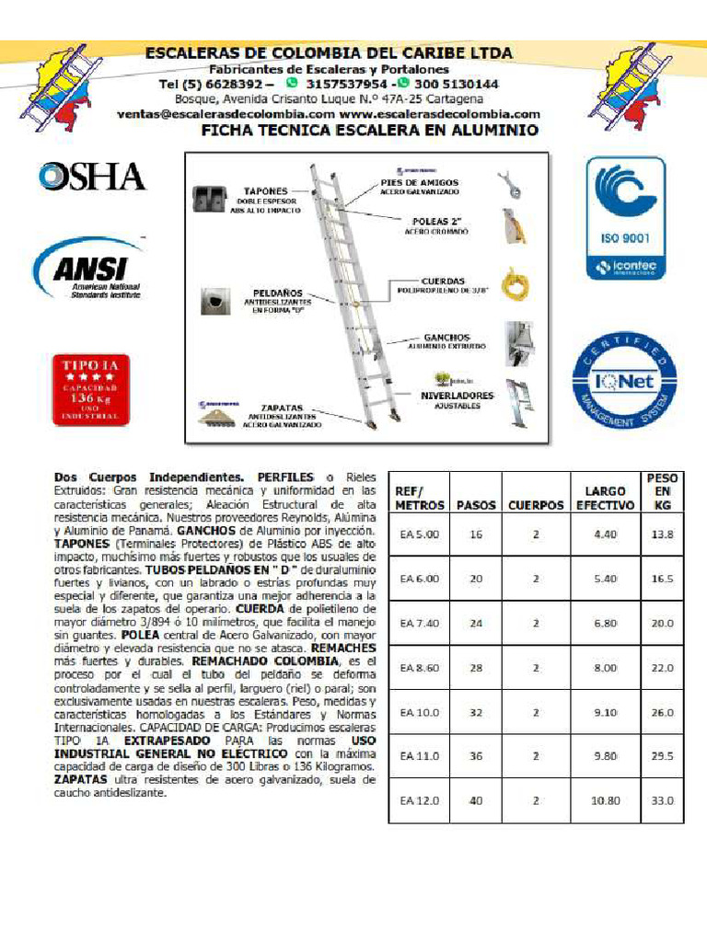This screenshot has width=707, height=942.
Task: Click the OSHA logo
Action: coord(91,176)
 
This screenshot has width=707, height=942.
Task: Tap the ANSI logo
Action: coord(88,270)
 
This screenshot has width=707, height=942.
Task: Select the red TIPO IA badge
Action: coord(91,389)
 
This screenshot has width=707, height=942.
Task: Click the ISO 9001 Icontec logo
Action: coord(626,218)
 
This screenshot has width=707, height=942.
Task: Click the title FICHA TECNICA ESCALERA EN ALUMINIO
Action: coord(369,131)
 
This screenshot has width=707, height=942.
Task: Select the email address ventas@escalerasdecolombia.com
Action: coord(226,114)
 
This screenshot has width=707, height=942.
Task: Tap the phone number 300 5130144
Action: coord(456,84)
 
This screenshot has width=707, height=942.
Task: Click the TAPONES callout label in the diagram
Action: coord(266,190)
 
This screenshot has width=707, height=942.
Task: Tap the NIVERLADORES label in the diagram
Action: coord(458,396)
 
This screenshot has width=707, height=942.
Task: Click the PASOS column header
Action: coord(476,505)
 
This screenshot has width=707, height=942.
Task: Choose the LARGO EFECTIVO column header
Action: coord(605,498)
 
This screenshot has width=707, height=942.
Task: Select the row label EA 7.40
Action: coord(420,623)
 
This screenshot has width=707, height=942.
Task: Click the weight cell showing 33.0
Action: coord(662,800)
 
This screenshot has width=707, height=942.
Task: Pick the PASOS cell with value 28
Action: coord(476,667)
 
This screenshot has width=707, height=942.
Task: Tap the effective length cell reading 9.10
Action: coord(605,712)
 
